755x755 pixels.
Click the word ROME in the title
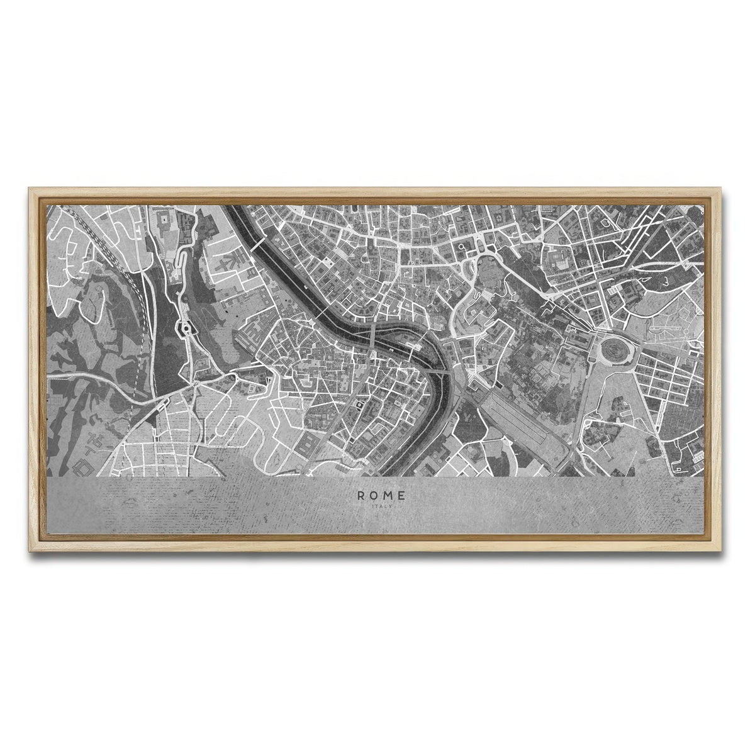[x=382, y=495]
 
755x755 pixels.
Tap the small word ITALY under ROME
[x=382, y=506]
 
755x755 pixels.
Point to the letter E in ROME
[x=402, y=495]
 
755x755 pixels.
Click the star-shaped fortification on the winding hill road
[x=186, y=328]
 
